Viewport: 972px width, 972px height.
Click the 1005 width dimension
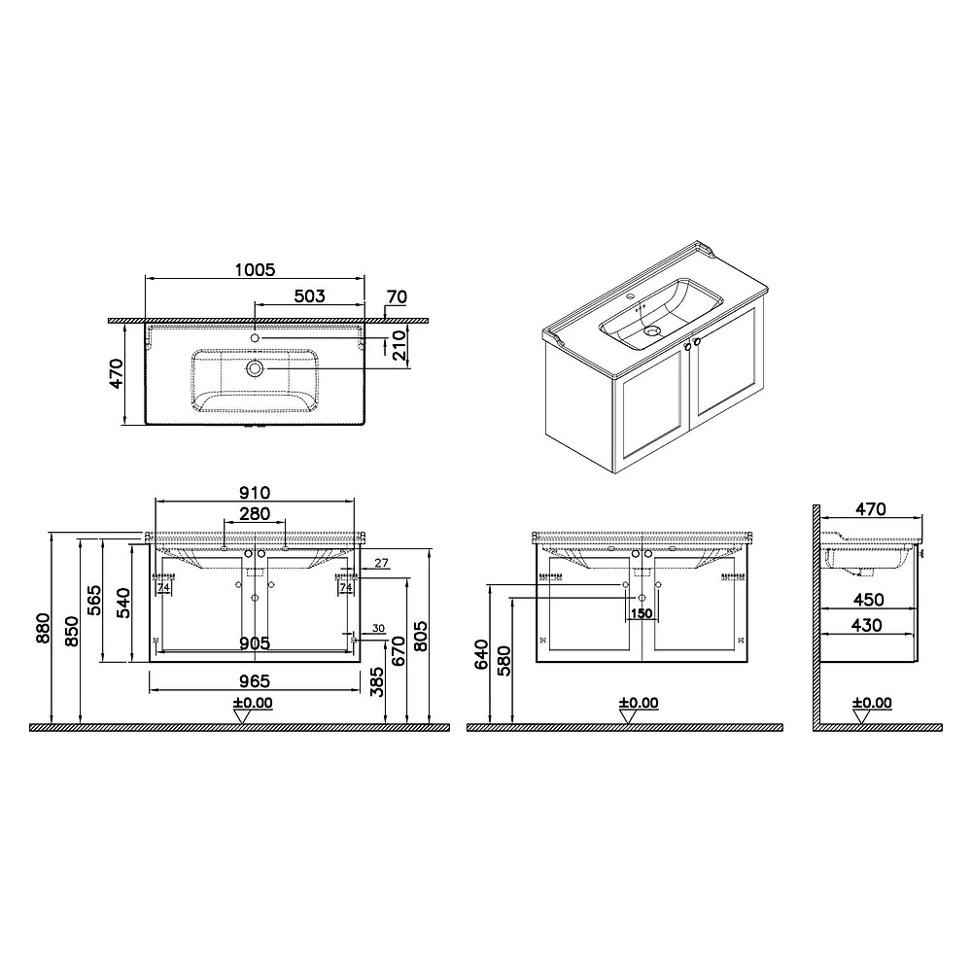(255, 269)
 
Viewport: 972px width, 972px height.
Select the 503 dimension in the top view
(309, 296)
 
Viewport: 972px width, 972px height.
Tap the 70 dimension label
(397, 296)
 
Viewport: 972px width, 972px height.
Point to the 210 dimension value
(399, 345)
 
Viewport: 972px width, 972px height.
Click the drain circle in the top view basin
(255, 368)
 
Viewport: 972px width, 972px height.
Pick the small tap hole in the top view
(255, 338)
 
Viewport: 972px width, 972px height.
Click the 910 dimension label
(255, 493)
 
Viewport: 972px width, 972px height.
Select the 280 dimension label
(255, 514)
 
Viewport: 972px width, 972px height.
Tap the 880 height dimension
(42, 627)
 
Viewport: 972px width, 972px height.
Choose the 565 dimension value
(93, 600)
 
